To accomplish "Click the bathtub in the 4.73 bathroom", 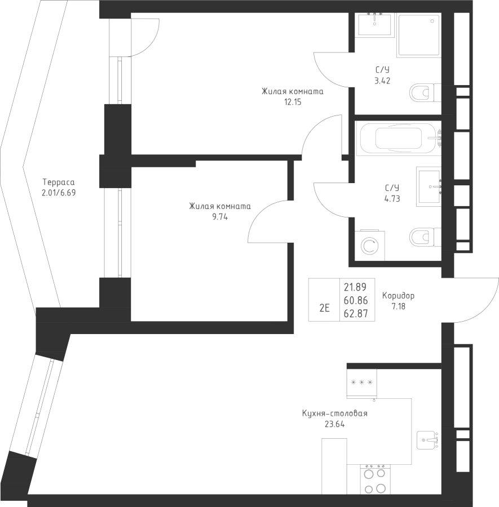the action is (x=399, y=139).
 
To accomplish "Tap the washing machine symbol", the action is (x=370, y=246).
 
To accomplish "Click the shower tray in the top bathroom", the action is (x=419, y=35).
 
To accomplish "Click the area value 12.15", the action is (x=293, y=102).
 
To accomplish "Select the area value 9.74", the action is (x=220, y=217).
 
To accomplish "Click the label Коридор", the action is (x=398, y=296).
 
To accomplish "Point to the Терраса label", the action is (x=59, y=183).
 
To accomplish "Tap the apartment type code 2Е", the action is (x=324, y=308).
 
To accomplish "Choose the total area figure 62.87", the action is (x=356, y=314).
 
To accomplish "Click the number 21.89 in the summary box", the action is (x=355, y=287).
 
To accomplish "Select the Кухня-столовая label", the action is (x=334, y=413).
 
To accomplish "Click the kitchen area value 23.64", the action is (x=334, y=424).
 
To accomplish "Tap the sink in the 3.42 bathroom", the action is (x=375, y=24).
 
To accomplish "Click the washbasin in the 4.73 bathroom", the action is (x=429, y=186).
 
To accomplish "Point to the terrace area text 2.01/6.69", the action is (x=59, y=193).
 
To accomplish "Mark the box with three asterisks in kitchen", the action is (x=361, y=383).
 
